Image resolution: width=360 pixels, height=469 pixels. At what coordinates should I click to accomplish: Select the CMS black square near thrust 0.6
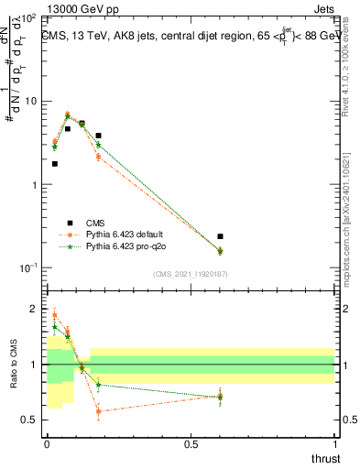(x=220, y=236)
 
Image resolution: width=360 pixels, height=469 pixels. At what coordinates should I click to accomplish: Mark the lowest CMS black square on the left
(x=55, y=164)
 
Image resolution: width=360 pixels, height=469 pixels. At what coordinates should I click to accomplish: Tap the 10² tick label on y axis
(x=27, y=18)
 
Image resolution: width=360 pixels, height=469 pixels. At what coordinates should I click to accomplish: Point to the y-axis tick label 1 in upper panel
(x=34, y=184)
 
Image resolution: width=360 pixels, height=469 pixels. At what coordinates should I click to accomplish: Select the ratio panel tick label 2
(x=34, y=309)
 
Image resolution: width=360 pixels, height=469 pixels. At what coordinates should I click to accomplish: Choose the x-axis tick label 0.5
(x=191, y=444)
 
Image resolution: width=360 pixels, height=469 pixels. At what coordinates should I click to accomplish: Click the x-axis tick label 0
(x=47, y=444)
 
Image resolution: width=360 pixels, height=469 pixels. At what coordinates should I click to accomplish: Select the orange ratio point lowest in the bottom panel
(x=98, y=411)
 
